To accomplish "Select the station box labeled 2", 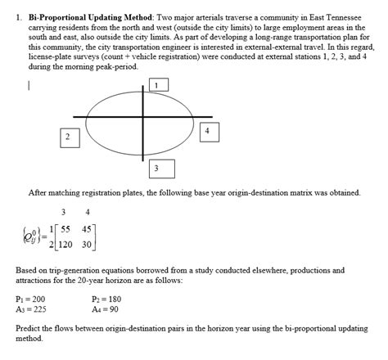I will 66,136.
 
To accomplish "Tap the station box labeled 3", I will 156,168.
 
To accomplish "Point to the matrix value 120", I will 65,244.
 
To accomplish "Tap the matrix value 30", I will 88,244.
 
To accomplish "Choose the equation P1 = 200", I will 31,299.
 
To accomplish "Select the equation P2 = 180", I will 106,299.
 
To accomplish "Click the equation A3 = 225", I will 31,309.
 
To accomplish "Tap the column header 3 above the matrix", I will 63,212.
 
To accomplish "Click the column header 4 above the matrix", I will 87,212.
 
